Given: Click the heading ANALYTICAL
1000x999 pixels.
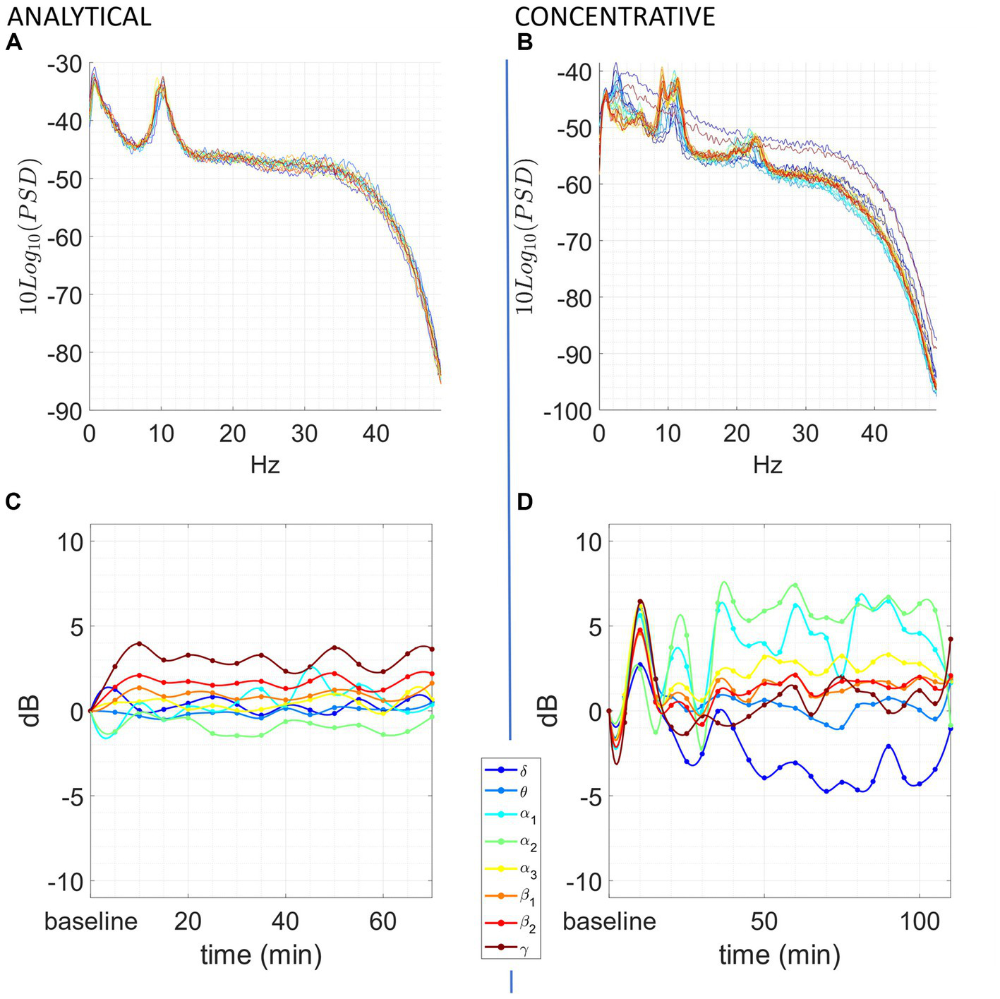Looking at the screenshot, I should pyautogui.click(x=79, y=16).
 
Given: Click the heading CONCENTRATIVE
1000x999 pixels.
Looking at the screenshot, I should pyautogui.click(x=615, y=16).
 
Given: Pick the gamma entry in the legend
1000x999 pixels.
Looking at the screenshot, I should pyautogui.click(x=510, y=950).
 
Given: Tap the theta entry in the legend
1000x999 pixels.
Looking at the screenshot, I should pyautogui.click(x=510, y=792).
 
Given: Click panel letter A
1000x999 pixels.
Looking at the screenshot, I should pyautogui.click(x=13, y=43).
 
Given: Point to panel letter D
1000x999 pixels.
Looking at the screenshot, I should pyautogui.click(x=525, y=502).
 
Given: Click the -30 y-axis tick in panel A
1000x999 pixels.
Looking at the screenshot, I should pyautogui.click(x=64, y=64).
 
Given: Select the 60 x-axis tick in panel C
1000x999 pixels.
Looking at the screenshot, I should pyautogui.click(x=382, y=921).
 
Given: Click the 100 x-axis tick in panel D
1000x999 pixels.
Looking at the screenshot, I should pyautogui.click(x=919, y=921).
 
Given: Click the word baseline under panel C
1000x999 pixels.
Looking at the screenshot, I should pyautogui.click(x=90, y=921).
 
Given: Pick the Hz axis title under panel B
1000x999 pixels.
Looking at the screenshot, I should pyautogui.click(x=767, y=465).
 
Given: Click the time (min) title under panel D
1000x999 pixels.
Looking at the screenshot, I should pyautogui.click(x=779, y=955).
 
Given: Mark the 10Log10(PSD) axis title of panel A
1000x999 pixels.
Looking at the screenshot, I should pyautogui.click(x=30, y=237).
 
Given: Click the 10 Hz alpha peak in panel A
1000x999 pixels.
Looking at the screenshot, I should pyautogui.click(x=162, y=80).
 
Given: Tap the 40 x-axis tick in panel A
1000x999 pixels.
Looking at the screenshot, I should pyautogui.click(x=375, y=433).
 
